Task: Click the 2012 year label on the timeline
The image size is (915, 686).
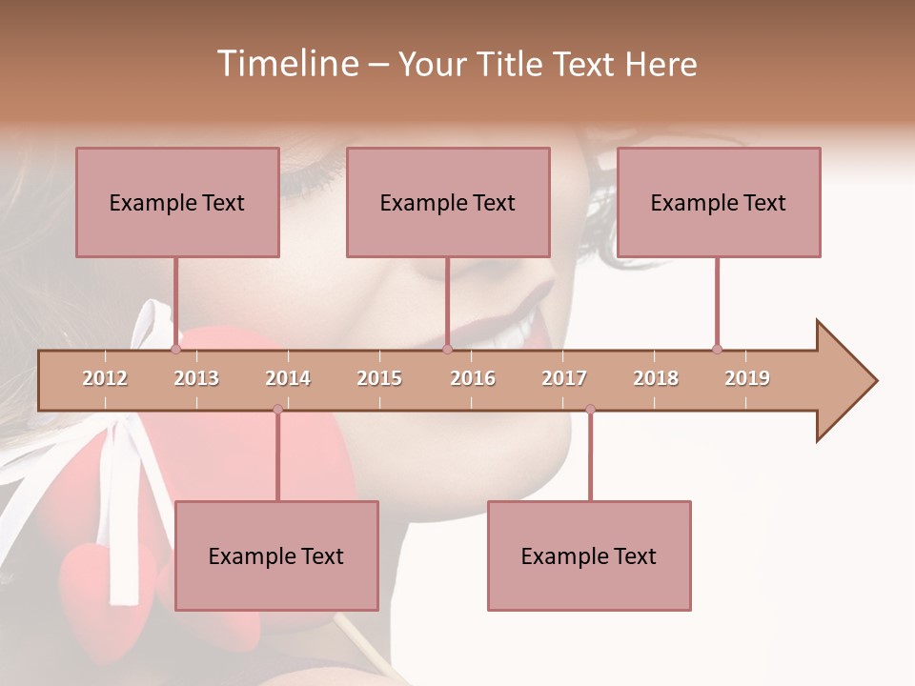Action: click(105, 378)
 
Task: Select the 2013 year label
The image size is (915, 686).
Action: click(196, 378)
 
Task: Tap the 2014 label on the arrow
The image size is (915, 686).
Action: click(288, 378)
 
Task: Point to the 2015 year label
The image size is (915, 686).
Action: click(379, 378)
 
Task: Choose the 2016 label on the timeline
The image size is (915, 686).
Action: click(473, 378)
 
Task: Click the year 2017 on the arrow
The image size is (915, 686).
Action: click(564, 378)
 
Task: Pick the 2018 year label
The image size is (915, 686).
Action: click(656, 378)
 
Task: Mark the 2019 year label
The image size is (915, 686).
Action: click(747, 378)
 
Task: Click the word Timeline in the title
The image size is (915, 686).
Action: click(285, 64)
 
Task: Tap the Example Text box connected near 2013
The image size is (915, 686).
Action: click(177, 202)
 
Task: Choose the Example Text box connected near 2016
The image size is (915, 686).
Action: click(448, 202)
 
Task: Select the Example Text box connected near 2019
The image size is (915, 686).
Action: click(719, 202)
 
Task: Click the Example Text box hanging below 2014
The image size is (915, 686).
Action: click(276, 555)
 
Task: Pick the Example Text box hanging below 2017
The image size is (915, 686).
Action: click(589, 555)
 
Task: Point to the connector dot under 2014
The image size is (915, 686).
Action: click(277, 409)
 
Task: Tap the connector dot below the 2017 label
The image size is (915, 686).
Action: click(590, 409)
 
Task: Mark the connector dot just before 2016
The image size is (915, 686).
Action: click(448, 349)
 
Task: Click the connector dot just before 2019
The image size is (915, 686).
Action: click(717, 349)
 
